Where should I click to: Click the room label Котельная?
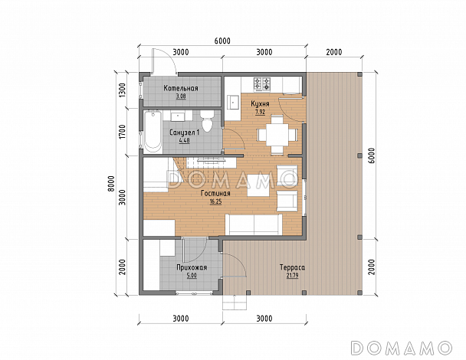(181, 88)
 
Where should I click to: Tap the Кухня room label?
(260, 104)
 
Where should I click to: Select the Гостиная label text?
(215, 194)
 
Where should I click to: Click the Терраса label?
(292, 267)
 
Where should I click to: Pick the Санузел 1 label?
(185, 133)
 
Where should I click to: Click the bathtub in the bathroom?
(153, 132)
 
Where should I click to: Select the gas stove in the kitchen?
(262, 84)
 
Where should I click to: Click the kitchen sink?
(234, 103)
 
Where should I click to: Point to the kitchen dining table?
(277, 134)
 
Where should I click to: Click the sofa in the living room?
(254, 224)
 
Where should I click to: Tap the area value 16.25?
(215, 201)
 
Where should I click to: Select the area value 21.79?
(292, 275)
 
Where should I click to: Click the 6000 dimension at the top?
(222, 41)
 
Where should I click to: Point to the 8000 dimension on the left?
(110, 184)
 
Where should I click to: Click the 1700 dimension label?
(122, 132)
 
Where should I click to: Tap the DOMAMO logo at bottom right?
(402, 347)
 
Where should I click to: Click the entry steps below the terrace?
(235, 303)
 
